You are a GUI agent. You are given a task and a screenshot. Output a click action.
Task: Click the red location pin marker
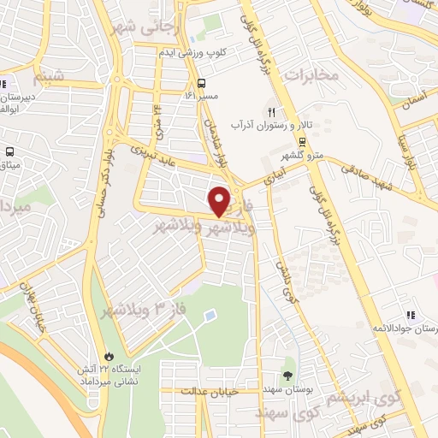(221, 201)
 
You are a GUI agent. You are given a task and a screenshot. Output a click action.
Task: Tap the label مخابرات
(312, 75)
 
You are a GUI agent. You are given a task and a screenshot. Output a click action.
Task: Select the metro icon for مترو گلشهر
(304, 142)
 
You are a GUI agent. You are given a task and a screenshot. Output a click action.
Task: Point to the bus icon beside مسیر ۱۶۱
(202, 84)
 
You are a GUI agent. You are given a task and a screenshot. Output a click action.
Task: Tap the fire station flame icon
(109, 356)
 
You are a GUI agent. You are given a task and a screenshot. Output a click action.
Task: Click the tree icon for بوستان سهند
(288, 375)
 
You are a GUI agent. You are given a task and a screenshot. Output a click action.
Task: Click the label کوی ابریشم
(376, 380)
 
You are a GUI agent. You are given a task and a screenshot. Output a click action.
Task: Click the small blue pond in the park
(210, 317)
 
